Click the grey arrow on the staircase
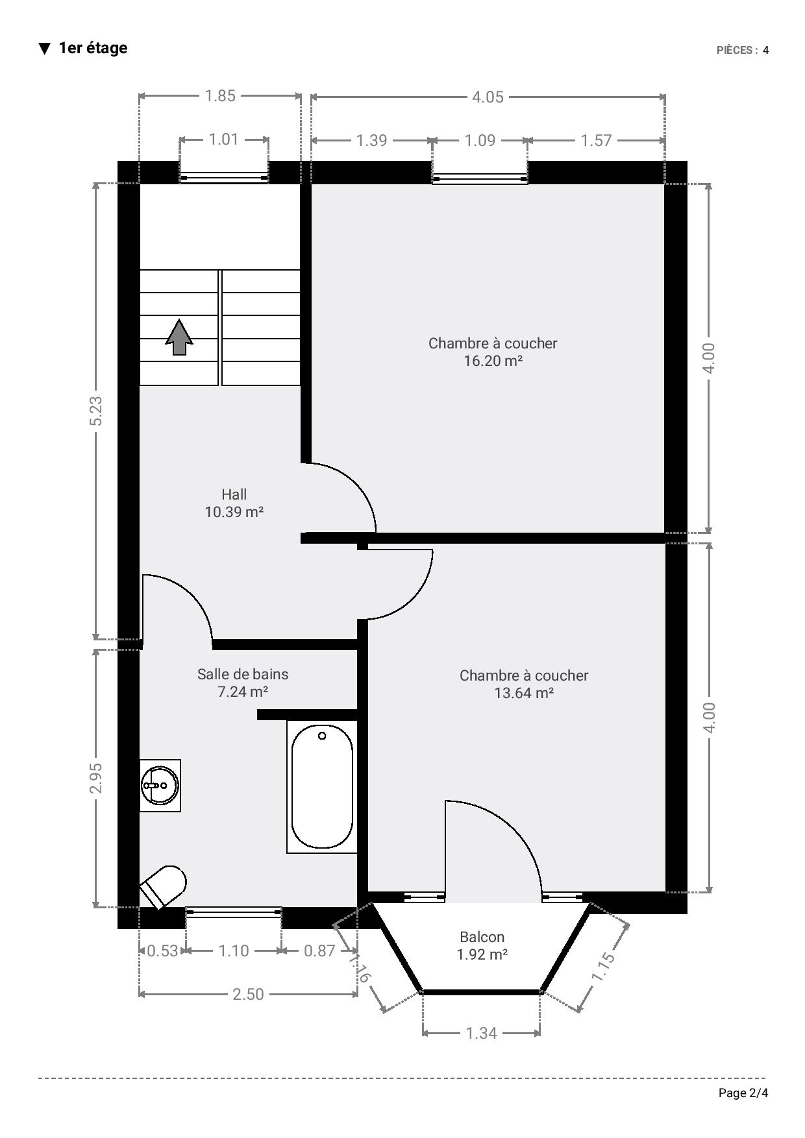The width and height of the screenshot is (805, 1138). coord(179,337)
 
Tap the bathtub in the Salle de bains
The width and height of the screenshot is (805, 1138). coord(322,786)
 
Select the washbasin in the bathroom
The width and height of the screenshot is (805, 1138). coord(160,785)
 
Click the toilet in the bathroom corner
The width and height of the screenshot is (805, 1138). coord(164,886)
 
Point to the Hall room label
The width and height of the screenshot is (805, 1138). coord(234,494)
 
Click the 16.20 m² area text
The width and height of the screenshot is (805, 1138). coord(493,361)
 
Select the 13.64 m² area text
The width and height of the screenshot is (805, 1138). coord(524,693)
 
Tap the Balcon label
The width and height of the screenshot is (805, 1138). coord(482,937)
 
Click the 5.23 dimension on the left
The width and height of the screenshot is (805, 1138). coord(95,411)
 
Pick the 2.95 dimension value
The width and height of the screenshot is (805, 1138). coord(95,777)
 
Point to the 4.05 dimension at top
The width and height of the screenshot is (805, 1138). coord(488,97)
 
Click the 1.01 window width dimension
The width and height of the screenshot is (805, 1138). coord(223,139)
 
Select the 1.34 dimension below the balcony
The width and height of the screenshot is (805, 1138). coord(481,1033)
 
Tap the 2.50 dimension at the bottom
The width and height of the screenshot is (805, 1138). coord(248,994)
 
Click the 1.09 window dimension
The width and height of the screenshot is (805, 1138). coord(480,140)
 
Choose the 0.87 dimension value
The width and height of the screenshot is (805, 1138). coord(319,950)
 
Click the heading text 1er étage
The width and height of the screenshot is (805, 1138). coord(93,48)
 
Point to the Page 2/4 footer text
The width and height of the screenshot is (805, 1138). coord(743,1093)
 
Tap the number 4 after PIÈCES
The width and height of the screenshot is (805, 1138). coord(766,50)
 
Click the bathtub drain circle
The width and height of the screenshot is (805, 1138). coord(322,736)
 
